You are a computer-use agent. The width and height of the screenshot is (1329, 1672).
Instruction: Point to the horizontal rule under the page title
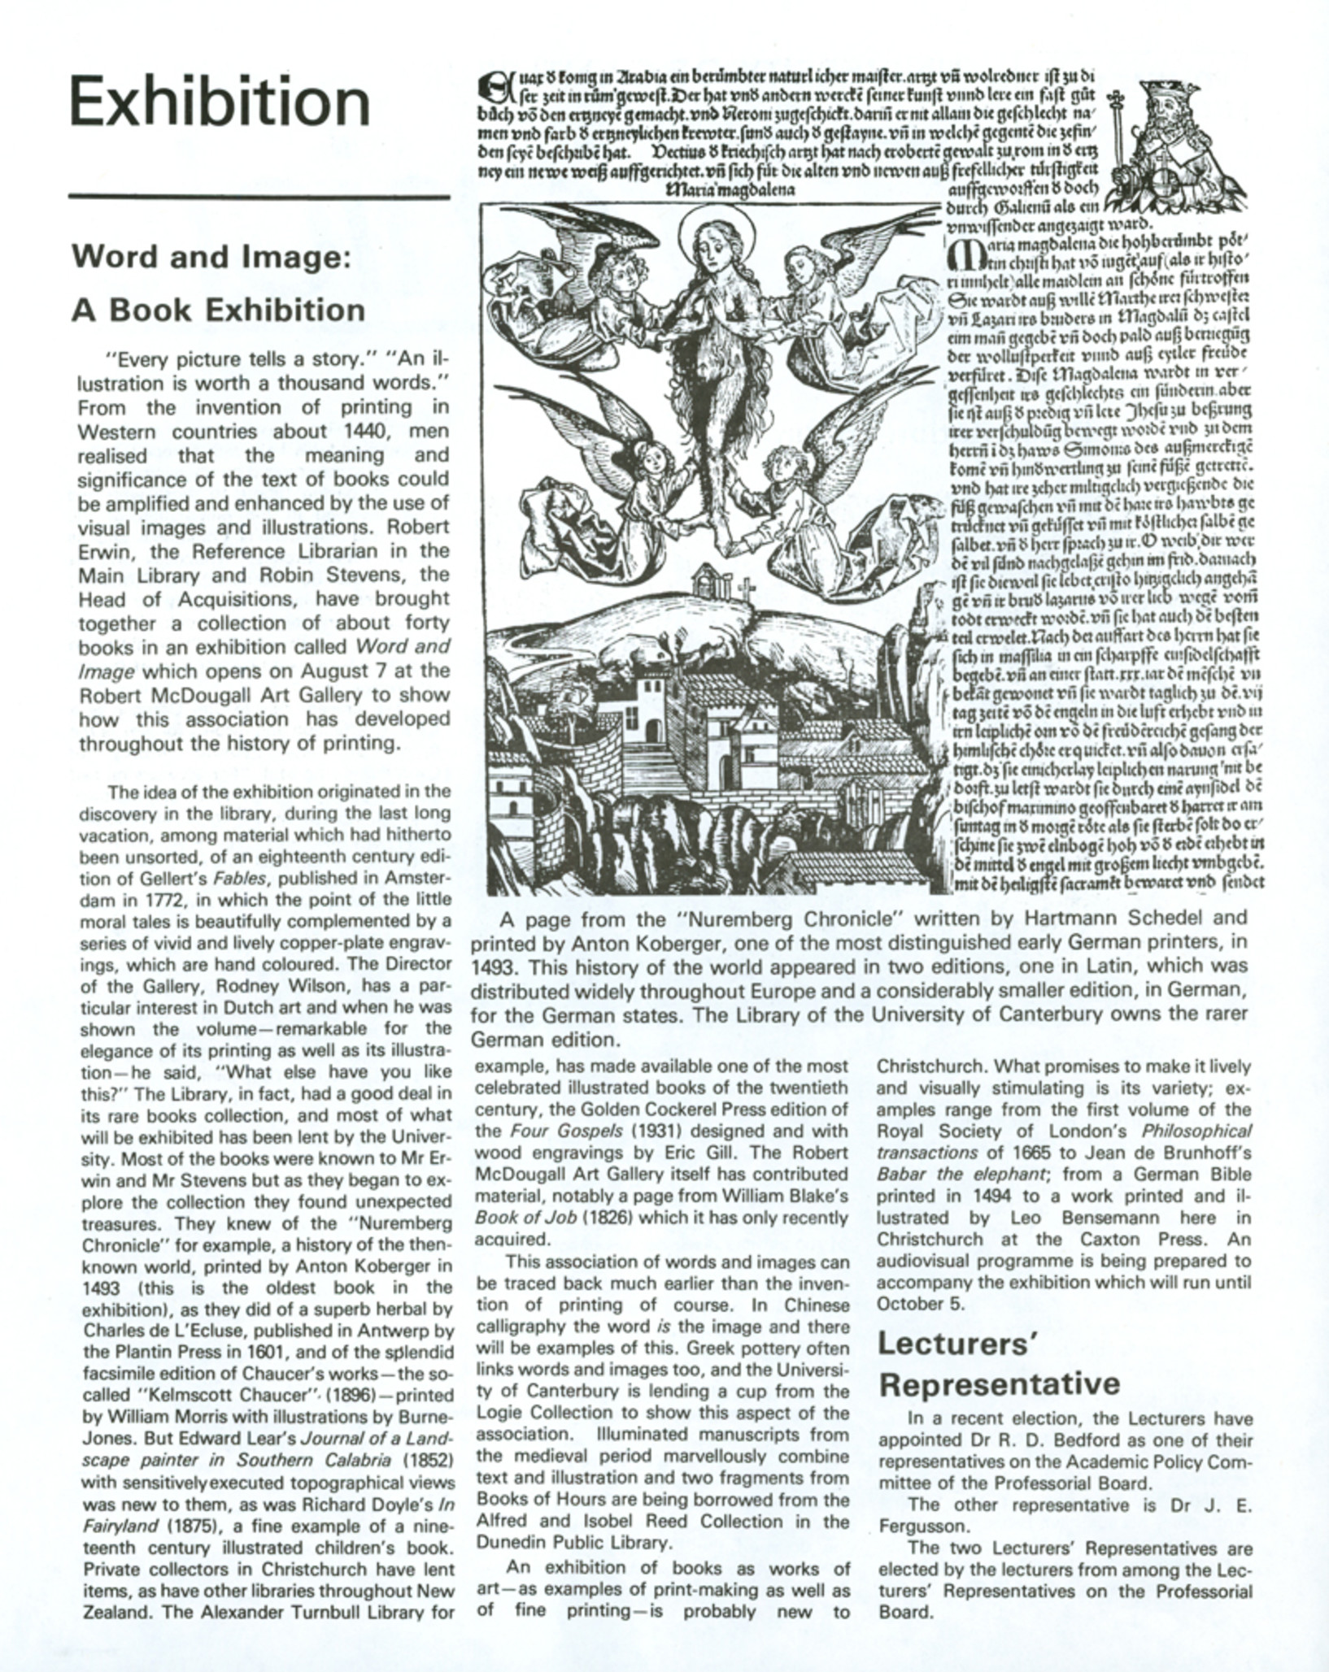(259, 197)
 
